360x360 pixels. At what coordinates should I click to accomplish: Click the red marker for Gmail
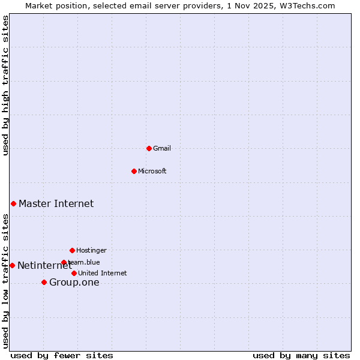(x=149, y=148)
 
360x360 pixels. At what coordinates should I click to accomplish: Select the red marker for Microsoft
(x=134, y=171)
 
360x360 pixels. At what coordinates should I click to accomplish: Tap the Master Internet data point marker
(x=13, y=203)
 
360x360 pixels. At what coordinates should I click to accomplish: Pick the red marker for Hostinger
(x=72, y=250)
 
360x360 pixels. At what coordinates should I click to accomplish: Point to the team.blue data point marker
(x=64, y=262)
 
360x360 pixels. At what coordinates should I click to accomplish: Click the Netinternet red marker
(x=12, y=265)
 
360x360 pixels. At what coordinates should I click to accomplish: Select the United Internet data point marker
(x=74, y=273)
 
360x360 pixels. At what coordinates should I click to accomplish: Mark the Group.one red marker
(x=44, y=282)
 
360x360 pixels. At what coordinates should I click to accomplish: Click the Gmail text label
(x=162, y=148)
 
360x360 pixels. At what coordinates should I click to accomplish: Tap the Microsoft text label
(x=152, y=171)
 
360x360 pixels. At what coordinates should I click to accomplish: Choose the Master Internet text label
(x=56, y=203)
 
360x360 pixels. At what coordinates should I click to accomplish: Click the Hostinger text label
(x=91, y=250)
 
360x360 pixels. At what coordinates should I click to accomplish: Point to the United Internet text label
(x=103, y=273)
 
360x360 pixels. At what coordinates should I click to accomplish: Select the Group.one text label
(x=74, y=283)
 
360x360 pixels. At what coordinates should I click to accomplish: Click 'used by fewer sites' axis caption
(x=62, y=355)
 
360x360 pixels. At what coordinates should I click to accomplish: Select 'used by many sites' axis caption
(x=301, y=355)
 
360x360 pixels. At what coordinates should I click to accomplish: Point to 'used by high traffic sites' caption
(x=5, y=85)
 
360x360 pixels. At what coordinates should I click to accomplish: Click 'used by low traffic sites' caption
(x=5, y=281)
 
